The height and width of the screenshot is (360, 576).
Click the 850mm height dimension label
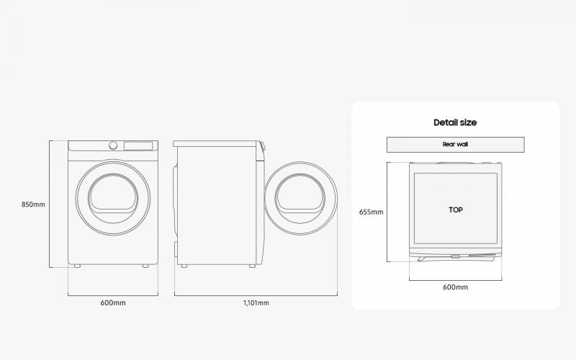click(33, 204)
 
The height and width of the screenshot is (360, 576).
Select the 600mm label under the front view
click(113, 302)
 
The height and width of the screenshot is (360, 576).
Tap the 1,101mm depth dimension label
click(256, 302)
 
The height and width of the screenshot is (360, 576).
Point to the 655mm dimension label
click(371, 212)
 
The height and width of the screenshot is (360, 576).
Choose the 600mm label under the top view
click(455, 287)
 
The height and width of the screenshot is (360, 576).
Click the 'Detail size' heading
click(455, 122)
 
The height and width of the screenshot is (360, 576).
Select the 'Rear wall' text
click(455, 145)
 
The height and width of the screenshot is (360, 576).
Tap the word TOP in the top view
click(456, 210)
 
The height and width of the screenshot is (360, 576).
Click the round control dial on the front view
click(113, 145)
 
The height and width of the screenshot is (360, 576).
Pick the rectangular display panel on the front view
click(138, 146)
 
